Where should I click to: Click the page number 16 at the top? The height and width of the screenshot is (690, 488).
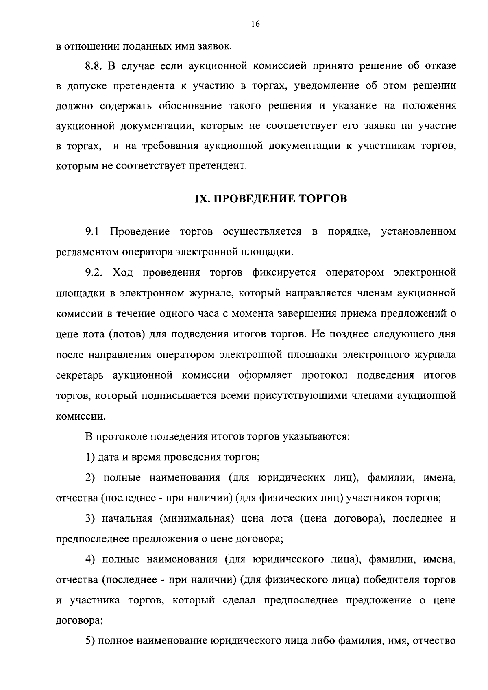(x=255, y=24)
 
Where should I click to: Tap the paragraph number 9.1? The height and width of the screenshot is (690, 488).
(x=92, y=232)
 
